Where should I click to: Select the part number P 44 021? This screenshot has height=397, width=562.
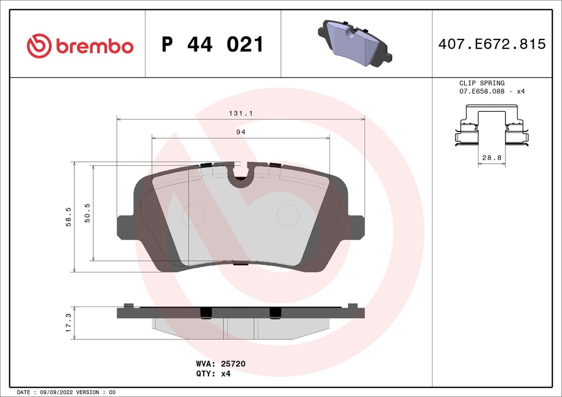[212, 45]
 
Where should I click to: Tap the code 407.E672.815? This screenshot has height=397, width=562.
[492, 44]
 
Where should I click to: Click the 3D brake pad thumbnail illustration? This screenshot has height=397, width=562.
[355, 43]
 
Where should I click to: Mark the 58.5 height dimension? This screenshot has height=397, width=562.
[69, 217]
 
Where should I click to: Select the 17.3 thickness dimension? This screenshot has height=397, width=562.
[68, 323]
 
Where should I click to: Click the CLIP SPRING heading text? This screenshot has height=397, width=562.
[481, 83]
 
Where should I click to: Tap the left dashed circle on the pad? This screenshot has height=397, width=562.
[193, 214]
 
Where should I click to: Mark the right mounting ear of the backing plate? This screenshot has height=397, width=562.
[357, 226]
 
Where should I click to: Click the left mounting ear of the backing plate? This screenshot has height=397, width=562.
[125, 227]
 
